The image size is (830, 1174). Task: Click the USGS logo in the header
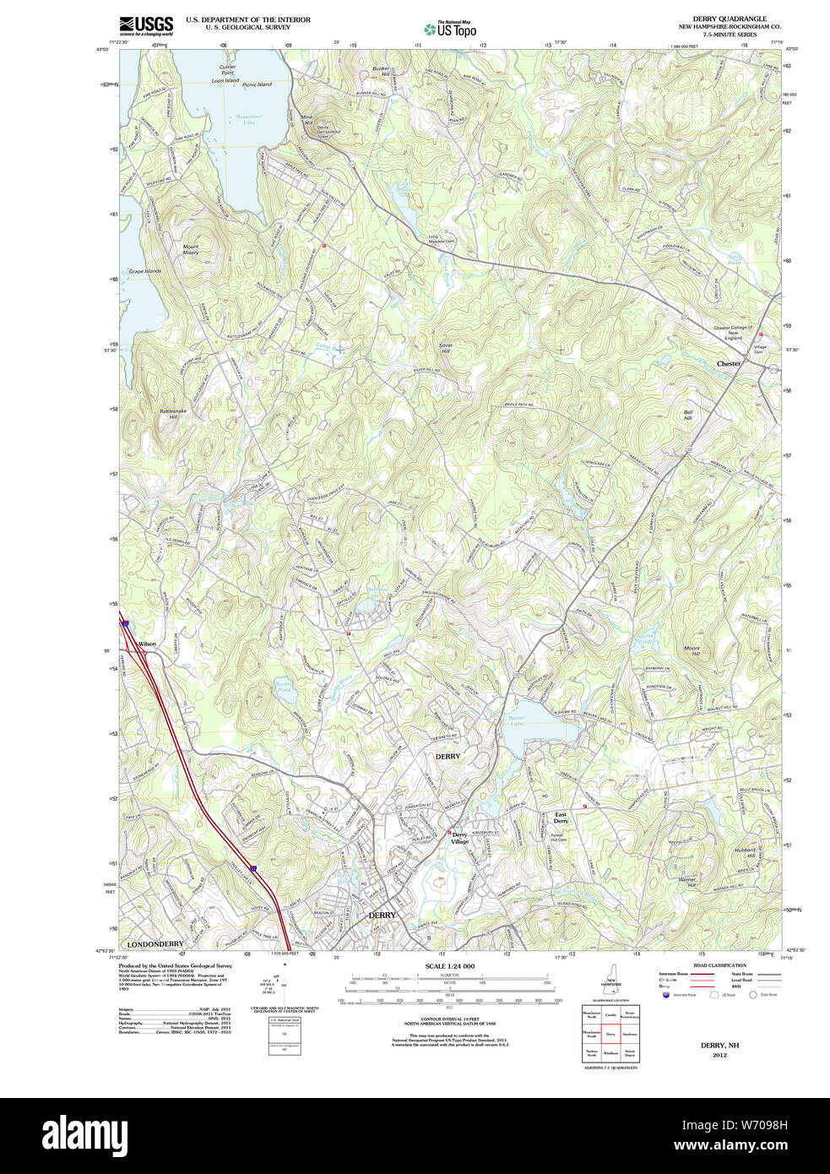tap(146, 25)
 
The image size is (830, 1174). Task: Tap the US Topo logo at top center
tap(450, 29)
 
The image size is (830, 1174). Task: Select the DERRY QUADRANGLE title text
tap(730, 19)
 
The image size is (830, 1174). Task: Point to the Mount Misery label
tap(191, 250)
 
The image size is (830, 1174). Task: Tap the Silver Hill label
tap(446, 348)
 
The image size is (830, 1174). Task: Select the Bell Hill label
tap(688, 415)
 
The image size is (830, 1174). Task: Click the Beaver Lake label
tap(516, 720)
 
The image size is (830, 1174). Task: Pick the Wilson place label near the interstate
tap(147, 644)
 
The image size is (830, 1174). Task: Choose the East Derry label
tap(561, 818)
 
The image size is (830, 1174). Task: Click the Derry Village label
tap(459, 838)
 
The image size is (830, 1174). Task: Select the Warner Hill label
tap(687, 882)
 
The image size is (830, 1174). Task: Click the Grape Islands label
tap(144, 272)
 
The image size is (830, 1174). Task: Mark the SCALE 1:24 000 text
tap(449, 966)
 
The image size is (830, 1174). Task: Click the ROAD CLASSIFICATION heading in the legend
tap(719, 965)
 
